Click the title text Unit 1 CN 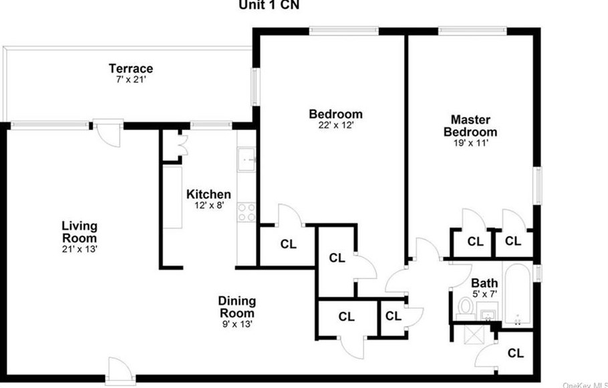point(269,5)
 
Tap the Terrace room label point(131,68)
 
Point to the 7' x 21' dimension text point(131,79)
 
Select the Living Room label point(80,232)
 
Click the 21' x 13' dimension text point(80,248)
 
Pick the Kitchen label point(208,194)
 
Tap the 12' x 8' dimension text point(208,206)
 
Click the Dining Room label point(237,307)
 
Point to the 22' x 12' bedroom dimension point(335,125)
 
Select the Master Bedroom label point(470,126)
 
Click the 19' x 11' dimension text point(470,142)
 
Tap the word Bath point(484,282)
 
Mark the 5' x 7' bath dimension point(484,293)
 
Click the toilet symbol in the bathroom point(465,307)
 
